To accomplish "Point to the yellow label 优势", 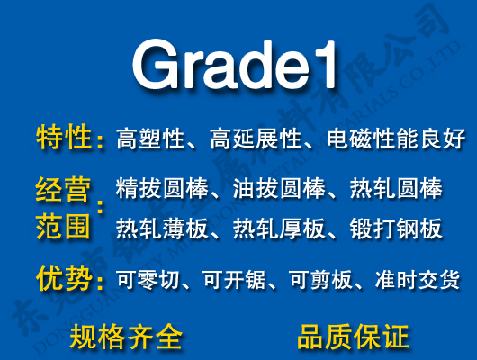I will tap(63, 278).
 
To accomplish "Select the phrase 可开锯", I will tap(231, 281).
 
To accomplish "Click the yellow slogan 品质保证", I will tap(353, 337).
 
